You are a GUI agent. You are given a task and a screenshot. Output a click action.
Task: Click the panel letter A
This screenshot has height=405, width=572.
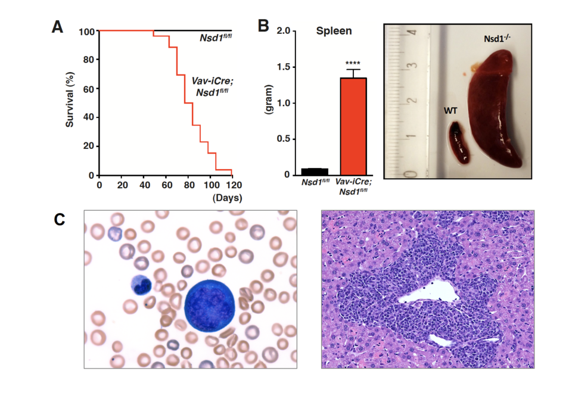pos(57,26)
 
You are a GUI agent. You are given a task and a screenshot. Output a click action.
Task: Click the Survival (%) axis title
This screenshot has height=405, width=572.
pos(70,103)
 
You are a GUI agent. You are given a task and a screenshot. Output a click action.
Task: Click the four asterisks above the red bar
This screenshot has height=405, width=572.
pos(353,63)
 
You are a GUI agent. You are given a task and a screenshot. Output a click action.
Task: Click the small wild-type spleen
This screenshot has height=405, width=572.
pos(459,142)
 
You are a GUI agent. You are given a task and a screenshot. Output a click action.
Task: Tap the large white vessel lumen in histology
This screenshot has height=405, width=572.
pos(427,292)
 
